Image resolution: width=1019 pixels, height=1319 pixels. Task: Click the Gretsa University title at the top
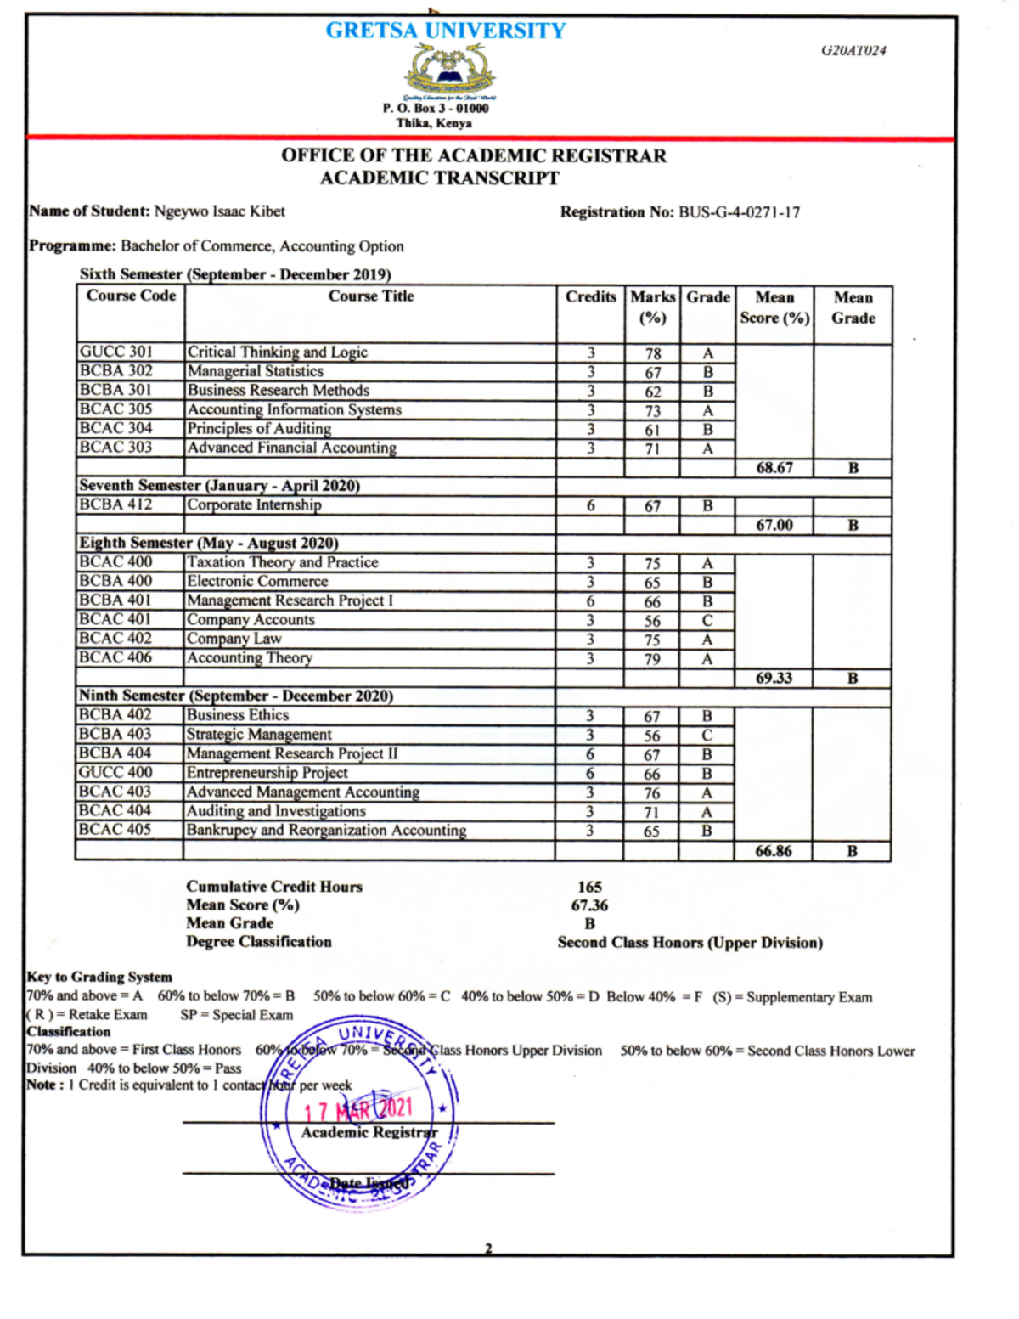[446, 31]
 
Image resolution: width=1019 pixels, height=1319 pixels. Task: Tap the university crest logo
[450, 72]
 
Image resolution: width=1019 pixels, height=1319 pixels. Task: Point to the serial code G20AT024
[853, 50]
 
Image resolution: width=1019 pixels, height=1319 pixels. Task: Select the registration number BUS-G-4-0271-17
[739, 212]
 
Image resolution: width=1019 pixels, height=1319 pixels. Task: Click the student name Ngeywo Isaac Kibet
[219, 211]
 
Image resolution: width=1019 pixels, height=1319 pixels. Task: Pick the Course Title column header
[371, 296]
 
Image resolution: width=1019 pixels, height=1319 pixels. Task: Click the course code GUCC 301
[115, 352]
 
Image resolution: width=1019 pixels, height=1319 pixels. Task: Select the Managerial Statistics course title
[255, 371]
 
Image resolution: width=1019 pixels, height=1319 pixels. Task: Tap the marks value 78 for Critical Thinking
[652, 353]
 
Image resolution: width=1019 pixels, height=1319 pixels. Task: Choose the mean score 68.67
[774, 468]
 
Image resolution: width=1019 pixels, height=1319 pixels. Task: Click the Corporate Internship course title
[254, 505]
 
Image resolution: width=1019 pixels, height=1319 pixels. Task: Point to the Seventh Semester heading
[219, 486]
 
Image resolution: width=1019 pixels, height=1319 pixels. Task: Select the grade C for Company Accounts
[707, 621]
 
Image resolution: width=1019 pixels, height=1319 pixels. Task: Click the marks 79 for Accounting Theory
[651, 659]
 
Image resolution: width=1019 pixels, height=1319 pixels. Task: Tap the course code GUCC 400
[115, 773]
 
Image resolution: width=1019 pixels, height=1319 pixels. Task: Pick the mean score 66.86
[774, 851]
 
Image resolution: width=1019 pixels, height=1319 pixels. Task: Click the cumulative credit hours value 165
[589, 888]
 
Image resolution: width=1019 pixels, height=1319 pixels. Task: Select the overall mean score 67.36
[589, 906]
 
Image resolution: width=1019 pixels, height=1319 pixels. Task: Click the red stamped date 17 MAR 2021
[358, 1109]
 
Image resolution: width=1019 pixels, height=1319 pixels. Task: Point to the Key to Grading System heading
[99, 978]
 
